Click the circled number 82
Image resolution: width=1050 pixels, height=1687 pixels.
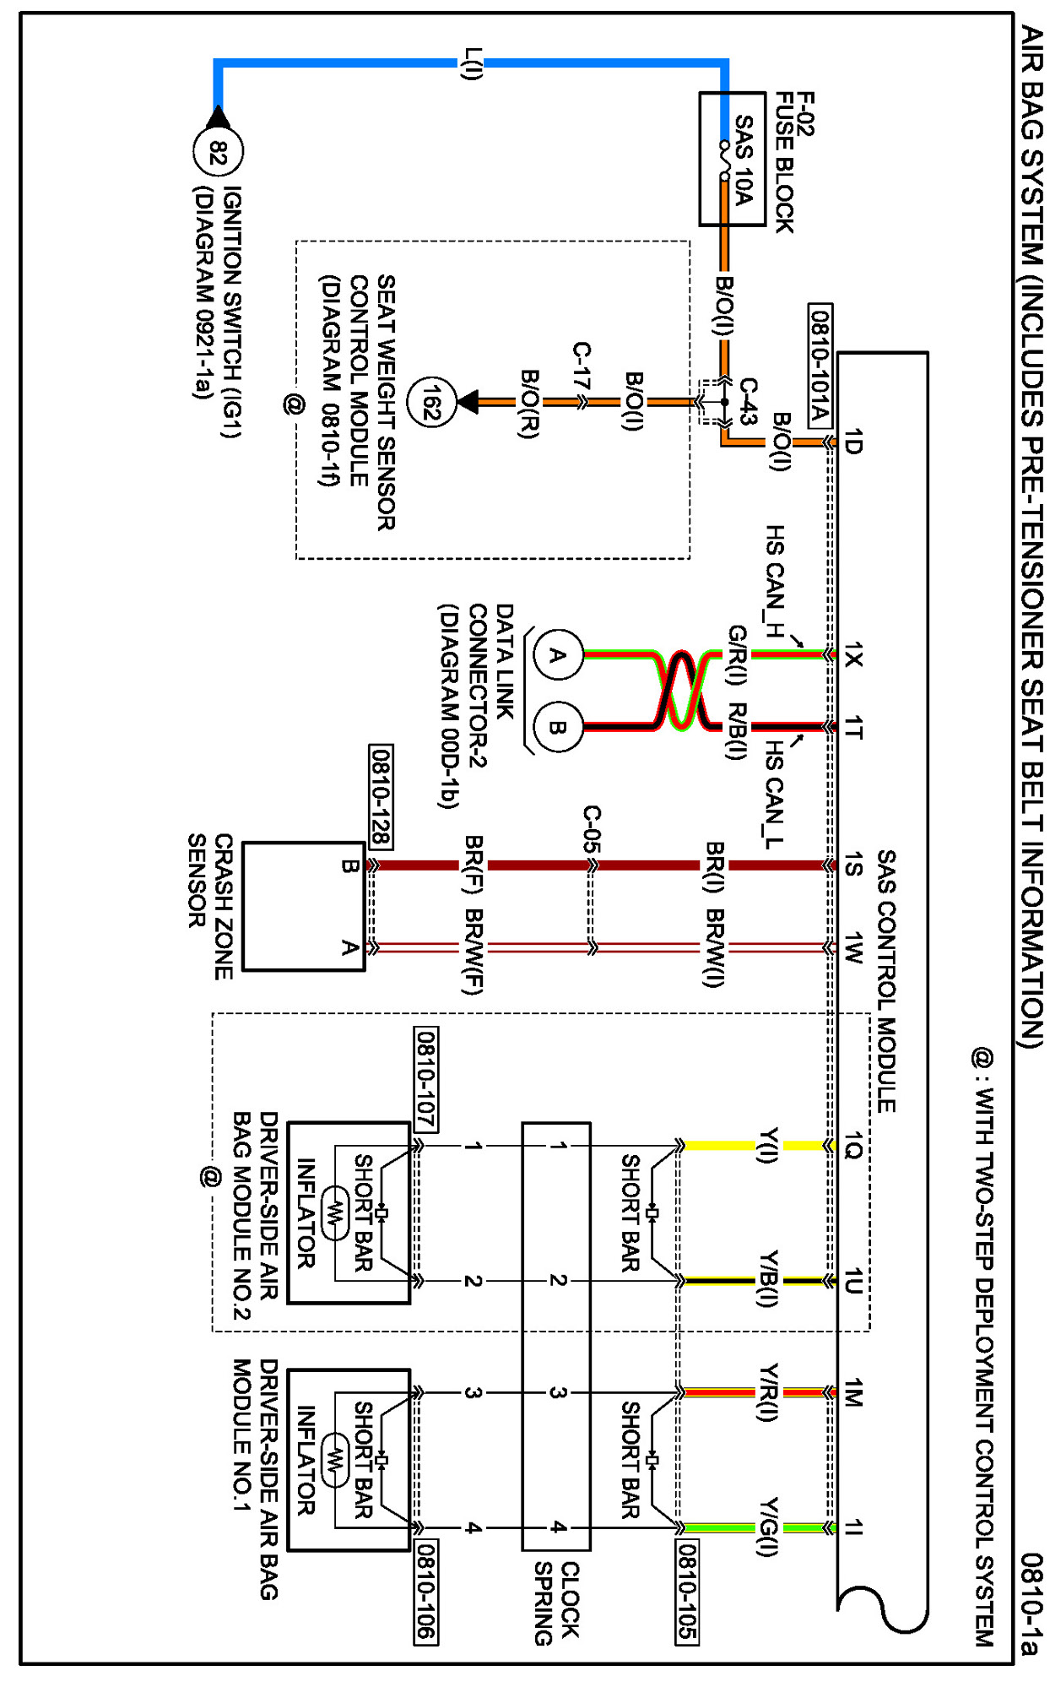(219, 153)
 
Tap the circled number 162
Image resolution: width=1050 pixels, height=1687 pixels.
(431, 403)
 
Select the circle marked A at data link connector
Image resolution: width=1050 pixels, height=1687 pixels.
(558, 654)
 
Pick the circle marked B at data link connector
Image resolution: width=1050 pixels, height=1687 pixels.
(558, 727)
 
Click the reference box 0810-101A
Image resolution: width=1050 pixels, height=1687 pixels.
(820, 366)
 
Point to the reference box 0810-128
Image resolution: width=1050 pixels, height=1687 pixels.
(381, 796)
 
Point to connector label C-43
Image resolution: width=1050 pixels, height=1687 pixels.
(748, 400)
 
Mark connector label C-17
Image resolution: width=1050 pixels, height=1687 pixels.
(582, 365)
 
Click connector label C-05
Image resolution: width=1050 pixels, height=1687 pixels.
(593, 829)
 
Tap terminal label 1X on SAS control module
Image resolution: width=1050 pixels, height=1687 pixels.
(853, 654)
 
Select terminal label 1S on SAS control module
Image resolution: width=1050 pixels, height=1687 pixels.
(853, 865)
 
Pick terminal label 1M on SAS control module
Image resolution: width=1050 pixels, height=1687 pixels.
(853, 1392)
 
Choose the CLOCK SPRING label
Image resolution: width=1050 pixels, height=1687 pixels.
(556, 1603)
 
